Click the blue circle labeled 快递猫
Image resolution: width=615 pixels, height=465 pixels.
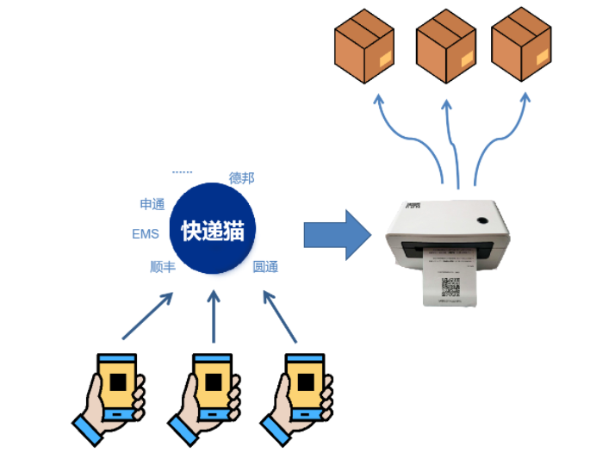point(213,230)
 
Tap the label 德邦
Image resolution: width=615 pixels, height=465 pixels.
point(242,178)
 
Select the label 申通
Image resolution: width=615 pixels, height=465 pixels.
point(152,204)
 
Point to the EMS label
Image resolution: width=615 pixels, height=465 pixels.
point(146,234)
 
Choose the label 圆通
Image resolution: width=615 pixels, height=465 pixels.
point(265,267)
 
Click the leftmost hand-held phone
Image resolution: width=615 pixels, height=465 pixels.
point(112,396)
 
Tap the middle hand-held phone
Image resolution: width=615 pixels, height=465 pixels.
point(207,396)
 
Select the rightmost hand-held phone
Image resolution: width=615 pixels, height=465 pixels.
point(301,396)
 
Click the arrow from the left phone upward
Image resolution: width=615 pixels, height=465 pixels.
point(147,315)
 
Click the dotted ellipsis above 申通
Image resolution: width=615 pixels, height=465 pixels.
point(182,172)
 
